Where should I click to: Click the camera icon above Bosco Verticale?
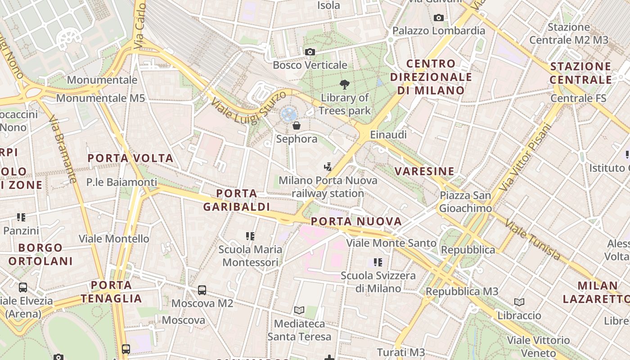(x=310, y=52)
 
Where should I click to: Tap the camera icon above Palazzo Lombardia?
(x=438, y=18)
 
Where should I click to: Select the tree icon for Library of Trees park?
(x=345, y=84)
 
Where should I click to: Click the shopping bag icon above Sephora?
(x=297, y=126)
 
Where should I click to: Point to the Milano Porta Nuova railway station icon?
(x=328, y=167)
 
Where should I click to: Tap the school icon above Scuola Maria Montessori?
(x=250, y=236)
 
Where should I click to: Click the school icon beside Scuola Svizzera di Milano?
(x=378, y=262)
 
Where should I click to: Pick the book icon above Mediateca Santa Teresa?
(x=299, y=310)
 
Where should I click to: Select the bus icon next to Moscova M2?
(x=202, y=290)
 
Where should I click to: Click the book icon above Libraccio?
(x=519, y=302)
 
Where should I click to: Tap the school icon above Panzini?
(x=21, y=217)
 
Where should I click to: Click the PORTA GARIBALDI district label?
(x=236, y=200)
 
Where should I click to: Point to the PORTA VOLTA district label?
(x=130, y=158)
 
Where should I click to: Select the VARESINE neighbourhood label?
(x=424, y=171)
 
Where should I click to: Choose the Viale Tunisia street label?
(x=534, y=239)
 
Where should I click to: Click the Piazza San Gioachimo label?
(x=465, y=202)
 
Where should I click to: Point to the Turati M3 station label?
(x=400, y=352)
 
